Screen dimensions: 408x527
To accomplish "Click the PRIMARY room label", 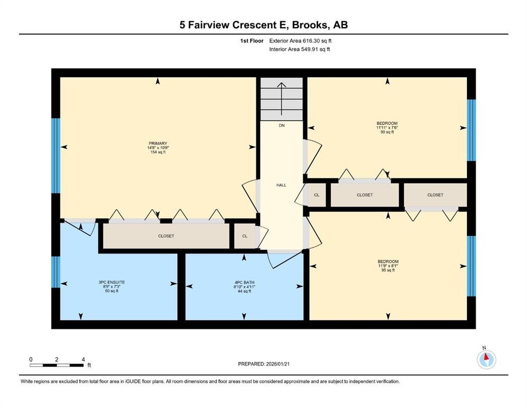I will [x=158, y=143].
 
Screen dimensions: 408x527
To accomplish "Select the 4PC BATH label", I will [x=244, y=282].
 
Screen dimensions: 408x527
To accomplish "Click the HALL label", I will [x=281, y=185].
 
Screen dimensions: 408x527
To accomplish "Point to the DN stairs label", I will [x=281, y=126].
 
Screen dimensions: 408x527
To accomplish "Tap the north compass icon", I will [x=486, y=360].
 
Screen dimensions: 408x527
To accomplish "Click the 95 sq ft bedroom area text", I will [x=387, y=270].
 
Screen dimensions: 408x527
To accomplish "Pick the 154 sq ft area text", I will [x=158, y=152].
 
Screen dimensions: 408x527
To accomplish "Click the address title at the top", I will [x=263, y=25].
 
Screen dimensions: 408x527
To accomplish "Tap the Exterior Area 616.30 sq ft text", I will [x=301, y=40].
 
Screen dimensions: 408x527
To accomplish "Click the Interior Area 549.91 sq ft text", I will [x=300, y=49].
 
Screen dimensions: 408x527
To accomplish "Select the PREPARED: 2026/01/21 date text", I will [x=264, y=364].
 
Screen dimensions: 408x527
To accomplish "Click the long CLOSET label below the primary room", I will [x=166, y=236].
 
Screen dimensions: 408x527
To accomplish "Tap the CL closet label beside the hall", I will [x=317, y=195].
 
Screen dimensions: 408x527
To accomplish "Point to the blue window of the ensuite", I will [x=56, y=271].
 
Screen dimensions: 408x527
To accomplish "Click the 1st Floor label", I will [x=251, y=40].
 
